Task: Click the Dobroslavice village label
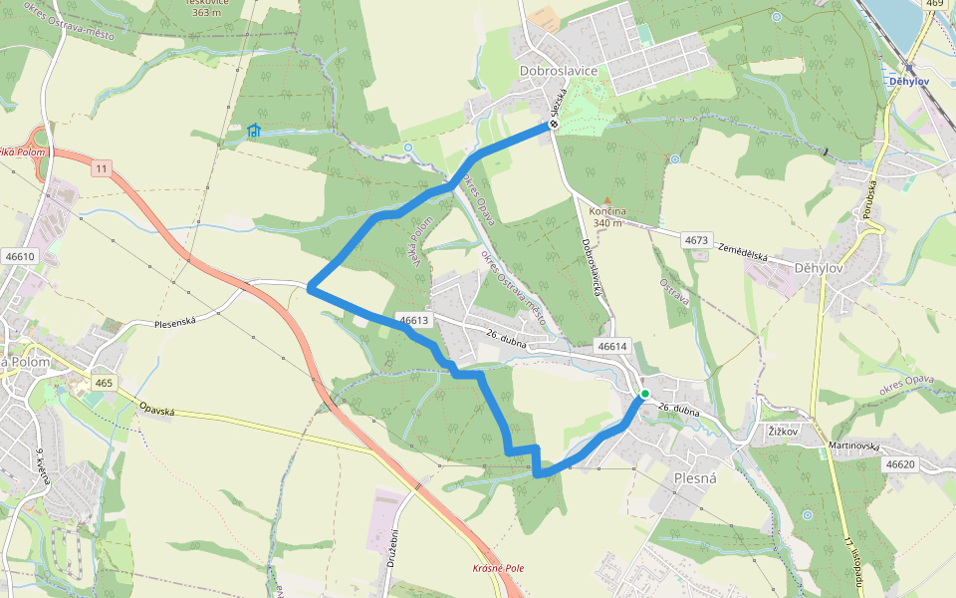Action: tap(559, 71)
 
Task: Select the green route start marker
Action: tap(644, 394)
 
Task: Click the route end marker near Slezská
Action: tap(550, 126)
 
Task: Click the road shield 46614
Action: tap(613, 346)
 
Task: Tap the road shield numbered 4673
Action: tap(696, 240)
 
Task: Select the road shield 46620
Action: tap(899, 464)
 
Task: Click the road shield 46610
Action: tap(20, 256)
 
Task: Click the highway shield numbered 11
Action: tap(102, 168)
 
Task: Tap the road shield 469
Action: tap(934, 3)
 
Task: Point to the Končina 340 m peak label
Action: tap(607, 216)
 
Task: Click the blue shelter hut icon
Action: tap(254, 131)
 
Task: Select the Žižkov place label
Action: tap(786, 431)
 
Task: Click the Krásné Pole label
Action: tap(498, 568)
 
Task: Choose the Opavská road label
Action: tap(159, 410)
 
